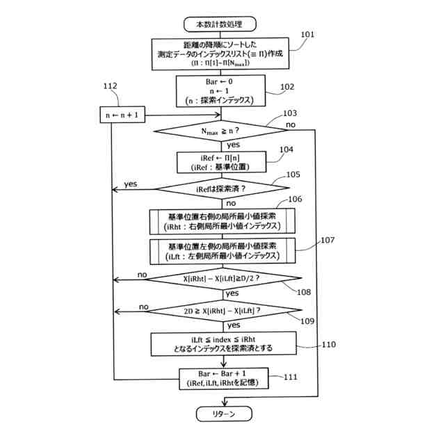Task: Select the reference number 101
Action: point(307,34)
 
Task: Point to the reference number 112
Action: point(110,86)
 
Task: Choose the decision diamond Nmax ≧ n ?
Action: point(222,131)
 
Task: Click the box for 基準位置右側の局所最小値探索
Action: point(222,222)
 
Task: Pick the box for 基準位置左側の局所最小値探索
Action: point(222,251)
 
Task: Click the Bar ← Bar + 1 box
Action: point(222,378)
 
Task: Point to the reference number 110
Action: point(328,343)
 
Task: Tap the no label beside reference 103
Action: point(289,125)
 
